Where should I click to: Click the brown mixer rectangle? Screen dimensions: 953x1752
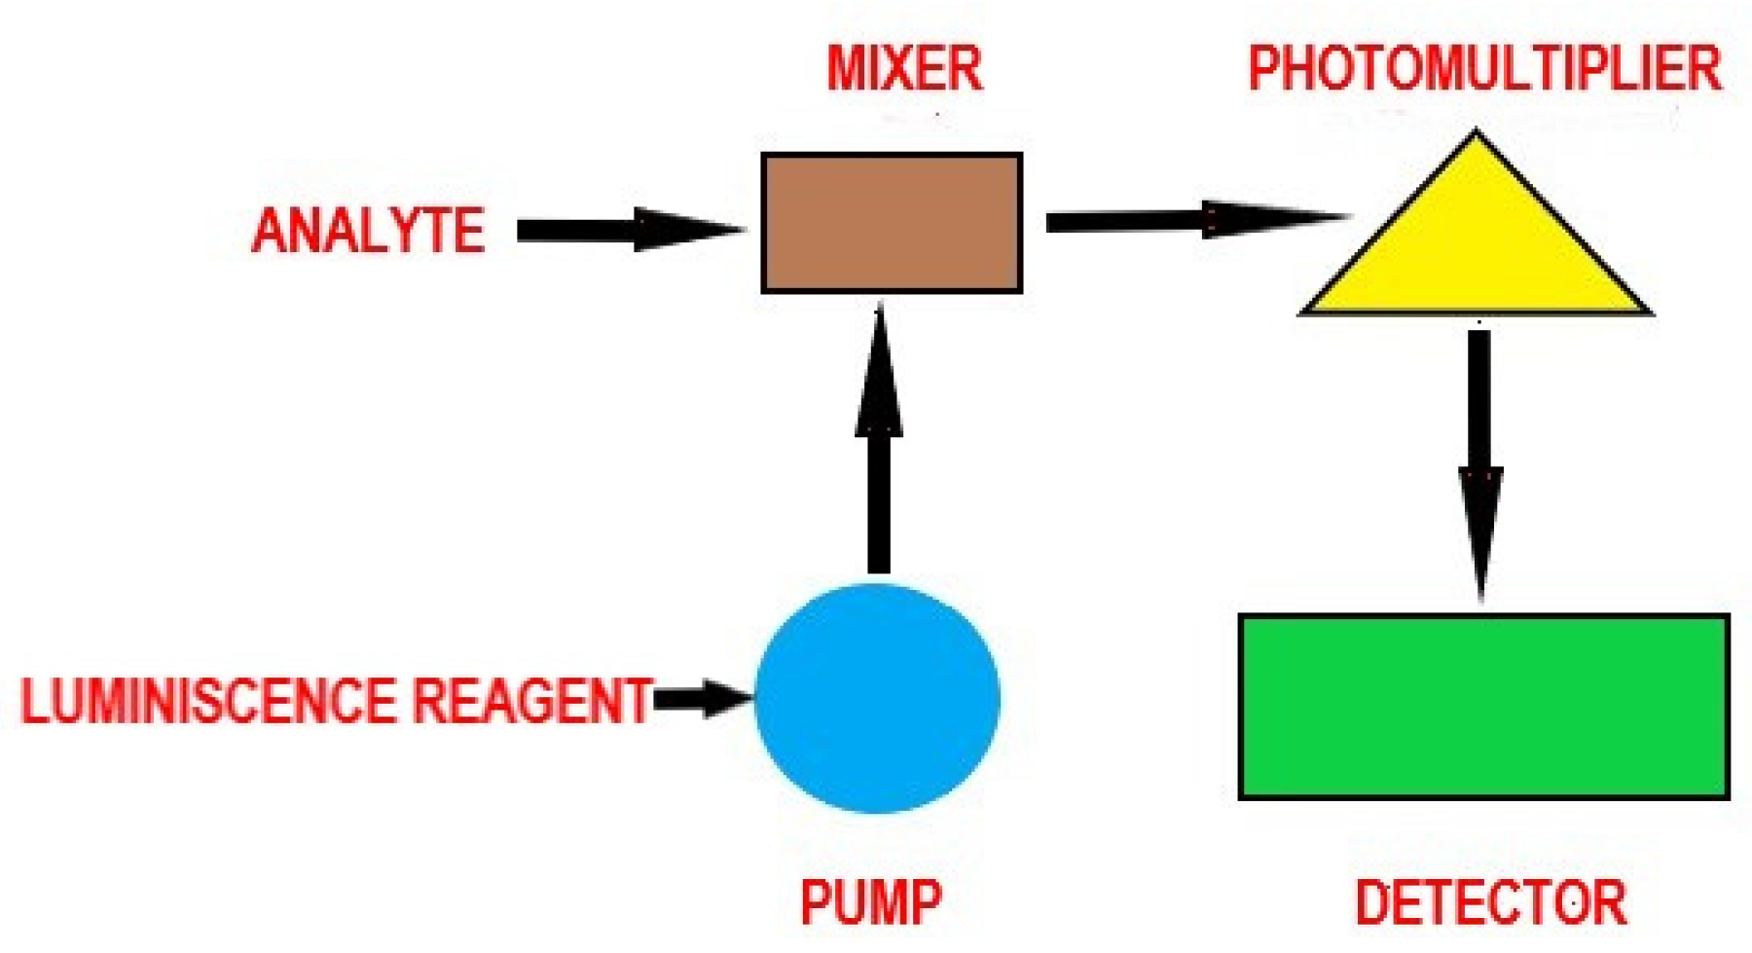[892, 222]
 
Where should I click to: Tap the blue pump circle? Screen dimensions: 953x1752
[878, 698]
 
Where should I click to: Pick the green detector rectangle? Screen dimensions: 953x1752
[1483, 707]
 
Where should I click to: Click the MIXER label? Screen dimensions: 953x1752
[904, 68]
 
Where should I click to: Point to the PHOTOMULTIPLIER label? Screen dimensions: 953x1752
[1484, 69]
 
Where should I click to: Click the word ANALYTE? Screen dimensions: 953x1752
[368, 231]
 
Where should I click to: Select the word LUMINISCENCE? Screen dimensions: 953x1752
[208, 700]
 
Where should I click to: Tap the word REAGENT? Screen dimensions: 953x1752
[531, 700]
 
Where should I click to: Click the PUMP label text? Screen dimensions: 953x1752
[871, 901]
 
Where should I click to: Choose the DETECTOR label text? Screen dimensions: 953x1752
[1490, 902]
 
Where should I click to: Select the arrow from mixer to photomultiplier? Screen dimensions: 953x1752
[1192, 220]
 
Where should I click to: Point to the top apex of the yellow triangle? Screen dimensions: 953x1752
[1476, 137]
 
